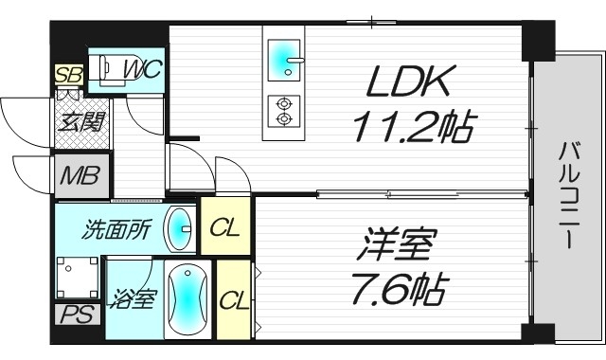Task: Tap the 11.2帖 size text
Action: (x=412, y=126)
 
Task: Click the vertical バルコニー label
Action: (x=568, y=194)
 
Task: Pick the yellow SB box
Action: (x=68, y=75)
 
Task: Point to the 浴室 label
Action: (x=129, y=296)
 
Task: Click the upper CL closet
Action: (x=224, y=227)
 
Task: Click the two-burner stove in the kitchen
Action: (x=284, y=111)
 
